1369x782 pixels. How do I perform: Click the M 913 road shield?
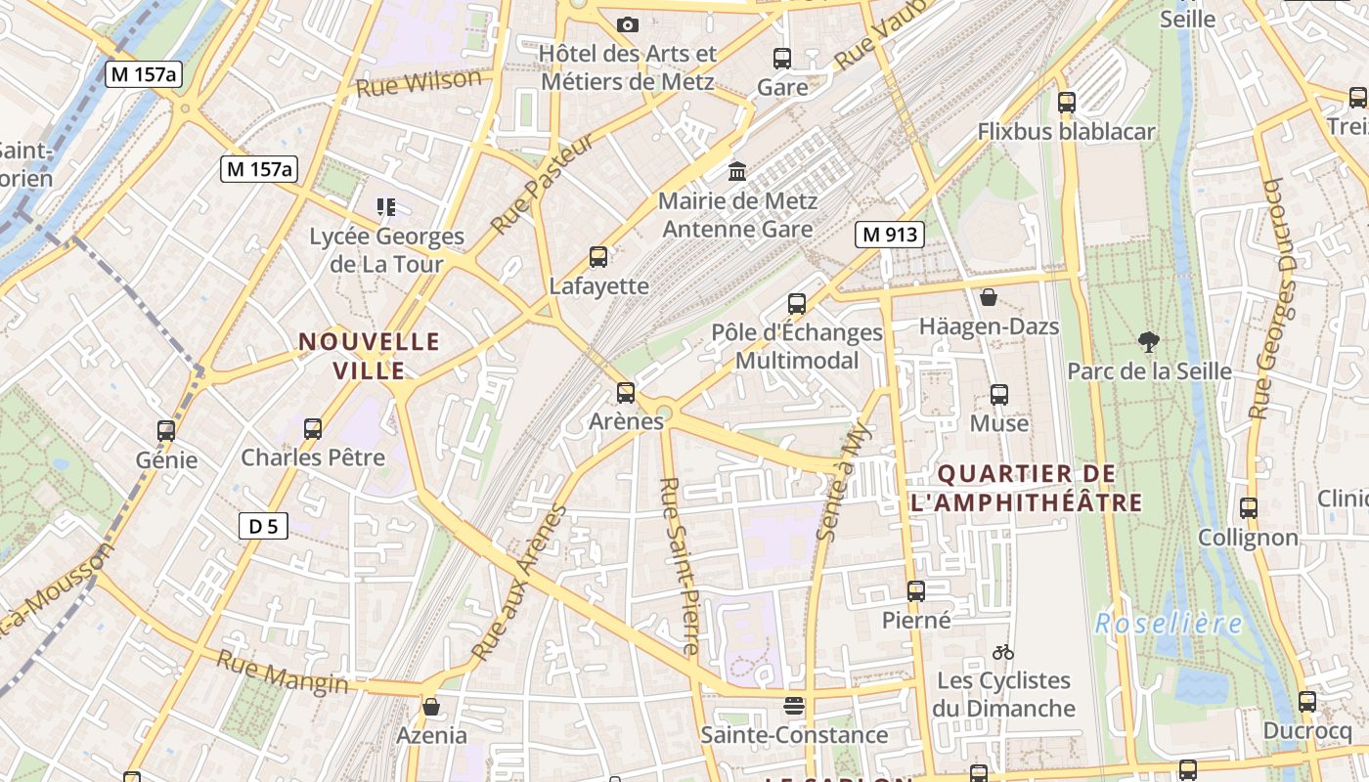[x=889, y=235]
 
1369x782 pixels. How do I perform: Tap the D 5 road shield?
[x=263, y=527]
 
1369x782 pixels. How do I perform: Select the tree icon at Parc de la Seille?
[x=1149, y=341]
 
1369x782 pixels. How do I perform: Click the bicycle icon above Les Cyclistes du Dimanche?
[x=1003, y=652]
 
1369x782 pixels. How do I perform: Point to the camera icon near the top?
[x=628, y=24]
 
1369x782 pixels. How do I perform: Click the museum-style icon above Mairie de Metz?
[x=737, y=172]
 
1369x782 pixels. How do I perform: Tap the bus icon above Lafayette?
[x=598, y=257]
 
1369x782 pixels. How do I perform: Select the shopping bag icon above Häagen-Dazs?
[x=989, y=297]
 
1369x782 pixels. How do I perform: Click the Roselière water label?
[x=1169, y=624]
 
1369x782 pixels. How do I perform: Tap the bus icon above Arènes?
[x=626, y=393]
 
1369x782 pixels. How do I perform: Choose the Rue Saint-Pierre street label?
[x=679, y=566]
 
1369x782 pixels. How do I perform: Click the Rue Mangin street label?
[x=282, y=673]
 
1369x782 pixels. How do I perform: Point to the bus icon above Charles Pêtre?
[x=313, y=428]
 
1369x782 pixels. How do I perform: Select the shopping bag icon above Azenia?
[x=431, y=706]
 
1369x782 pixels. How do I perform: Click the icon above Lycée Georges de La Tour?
[x=386, y=207]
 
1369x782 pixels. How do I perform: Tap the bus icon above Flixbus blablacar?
[x=1067, y=102]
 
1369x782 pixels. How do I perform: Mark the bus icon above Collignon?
[x=1249, y=508]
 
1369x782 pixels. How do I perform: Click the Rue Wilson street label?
[x=420, y=83]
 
